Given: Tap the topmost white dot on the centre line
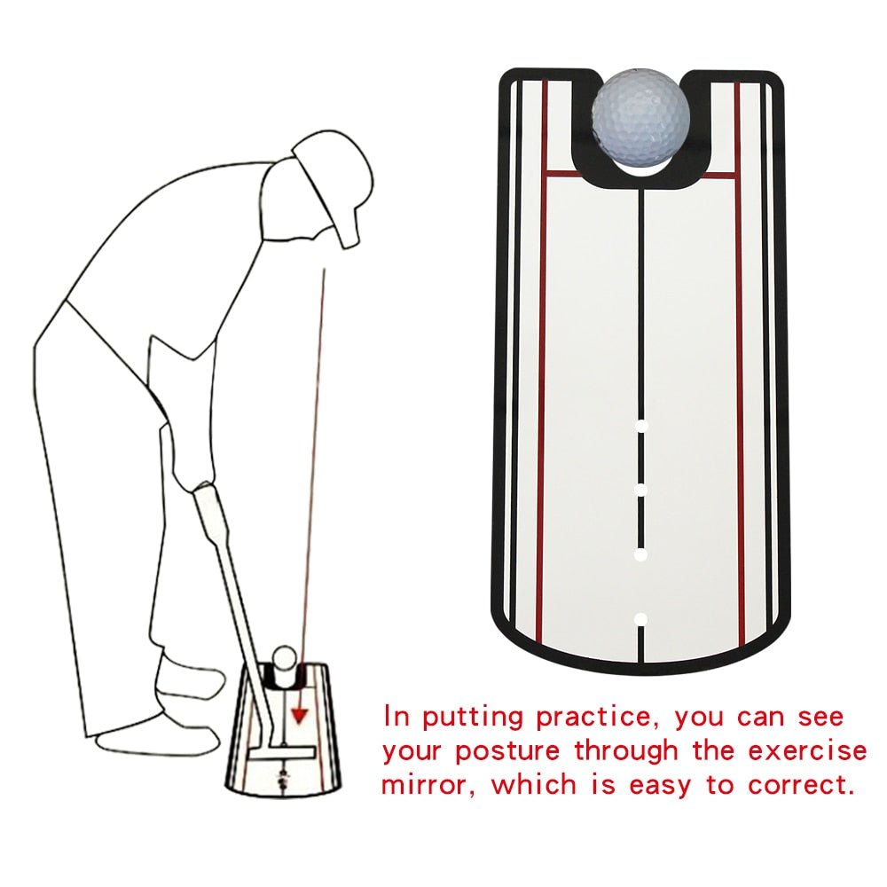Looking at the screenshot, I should coord(641,427).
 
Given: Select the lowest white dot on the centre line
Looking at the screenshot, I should coord(641,617).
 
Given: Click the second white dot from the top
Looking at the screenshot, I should coord(641,490).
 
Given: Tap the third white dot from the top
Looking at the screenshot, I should coord(641,554).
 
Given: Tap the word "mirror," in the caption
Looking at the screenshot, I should coord(431,785).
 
